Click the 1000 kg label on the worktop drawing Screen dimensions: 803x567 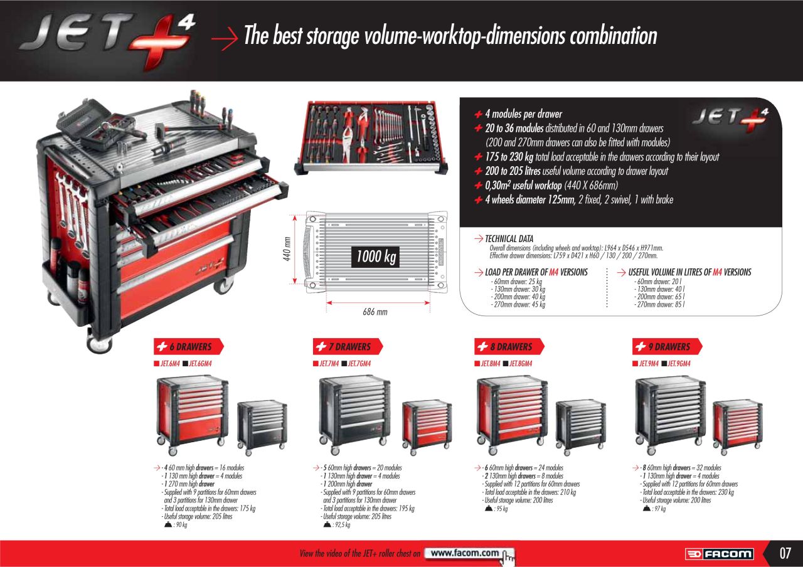(376, 257)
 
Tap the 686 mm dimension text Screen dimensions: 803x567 (375, 312)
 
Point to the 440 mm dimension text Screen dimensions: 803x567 (287, 249)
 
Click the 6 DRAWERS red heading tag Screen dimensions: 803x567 (189, 347)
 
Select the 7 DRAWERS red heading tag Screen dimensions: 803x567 (348, 347)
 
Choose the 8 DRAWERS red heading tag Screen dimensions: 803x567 (509, 347)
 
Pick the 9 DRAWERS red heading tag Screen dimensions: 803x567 (667, 347)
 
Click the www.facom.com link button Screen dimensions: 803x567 (469, 553)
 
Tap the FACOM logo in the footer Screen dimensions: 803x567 (719, 554)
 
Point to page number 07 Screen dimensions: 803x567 (785, 553)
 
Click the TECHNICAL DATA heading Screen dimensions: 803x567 (509, 239)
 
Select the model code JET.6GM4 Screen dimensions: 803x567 (200, 364)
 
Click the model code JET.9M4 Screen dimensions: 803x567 (649, 364)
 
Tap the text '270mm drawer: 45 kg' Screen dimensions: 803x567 (519, 305)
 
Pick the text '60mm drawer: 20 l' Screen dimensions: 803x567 (659, 282)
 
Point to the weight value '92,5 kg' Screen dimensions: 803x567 (343, 525)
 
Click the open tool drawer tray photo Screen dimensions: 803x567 (371, 138)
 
